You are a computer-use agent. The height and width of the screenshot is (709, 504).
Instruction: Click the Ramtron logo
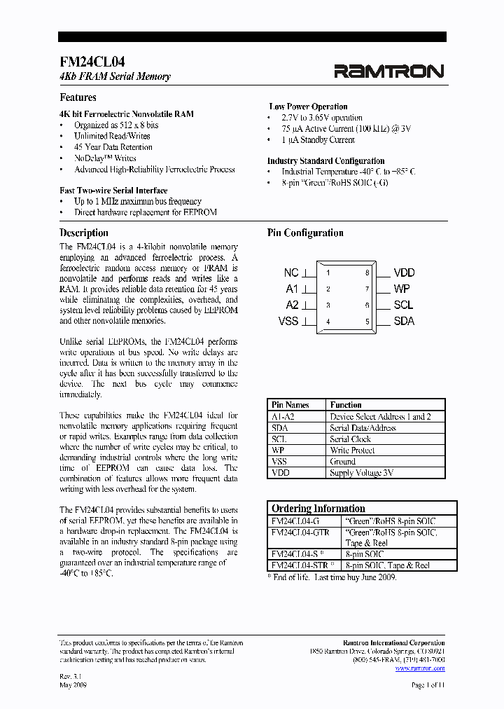coord(388,71)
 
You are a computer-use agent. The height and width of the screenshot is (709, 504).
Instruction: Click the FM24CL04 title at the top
coord(92,62)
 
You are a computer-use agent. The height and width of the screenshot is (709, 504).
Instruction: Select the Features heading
coord(78,97)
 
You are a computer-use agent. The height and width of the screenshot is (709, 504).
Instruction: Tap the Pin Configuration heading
coord(305,233)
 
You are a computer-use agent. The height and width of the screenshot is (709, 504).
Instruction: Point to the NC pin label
coord(291,273)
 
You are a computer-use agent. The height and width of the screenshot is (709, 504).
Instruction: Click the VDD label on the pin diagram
coord(404,273)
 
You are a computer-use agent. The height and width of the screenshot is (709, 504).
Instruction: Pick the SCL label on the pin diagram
coord(403,305)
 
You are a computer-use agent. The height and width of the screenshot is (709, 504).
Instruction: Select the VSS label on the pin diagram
coord(288,321)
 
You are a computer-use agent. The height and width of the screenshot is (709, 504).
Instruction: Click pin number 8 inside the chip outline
coord(367,273)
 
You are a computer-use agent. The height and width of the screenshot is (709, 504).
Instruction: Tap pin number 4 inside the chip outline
coord(328,322)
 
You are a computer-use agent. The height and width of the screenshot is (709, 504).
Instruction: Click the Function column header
coord(346,405)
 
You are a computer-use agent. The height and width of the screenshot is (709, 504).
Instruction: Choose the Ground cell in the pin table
coord(343,462)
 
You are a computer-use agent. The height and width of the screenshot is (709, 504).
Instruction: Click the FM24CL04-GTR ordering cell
coord(300,532)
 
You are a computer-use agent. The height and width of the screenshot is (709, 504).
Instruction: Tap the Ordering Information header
coord(318,509)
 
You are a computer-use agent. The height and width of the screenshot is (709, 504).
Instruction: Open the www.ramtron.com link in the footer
coord(419,668)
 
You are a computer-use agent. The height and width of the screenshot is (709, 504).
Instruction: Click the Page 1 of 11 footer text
coord(428,684)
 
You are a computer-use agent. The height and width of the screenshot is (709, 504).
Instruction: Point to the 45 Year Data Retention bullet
coord(113,147)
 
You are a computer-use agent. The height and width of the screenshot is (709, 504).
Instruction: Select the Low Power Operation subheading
coord(308,106)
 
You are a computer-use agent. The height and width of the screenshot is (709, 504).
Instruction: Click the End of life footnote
coord(332,577)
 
